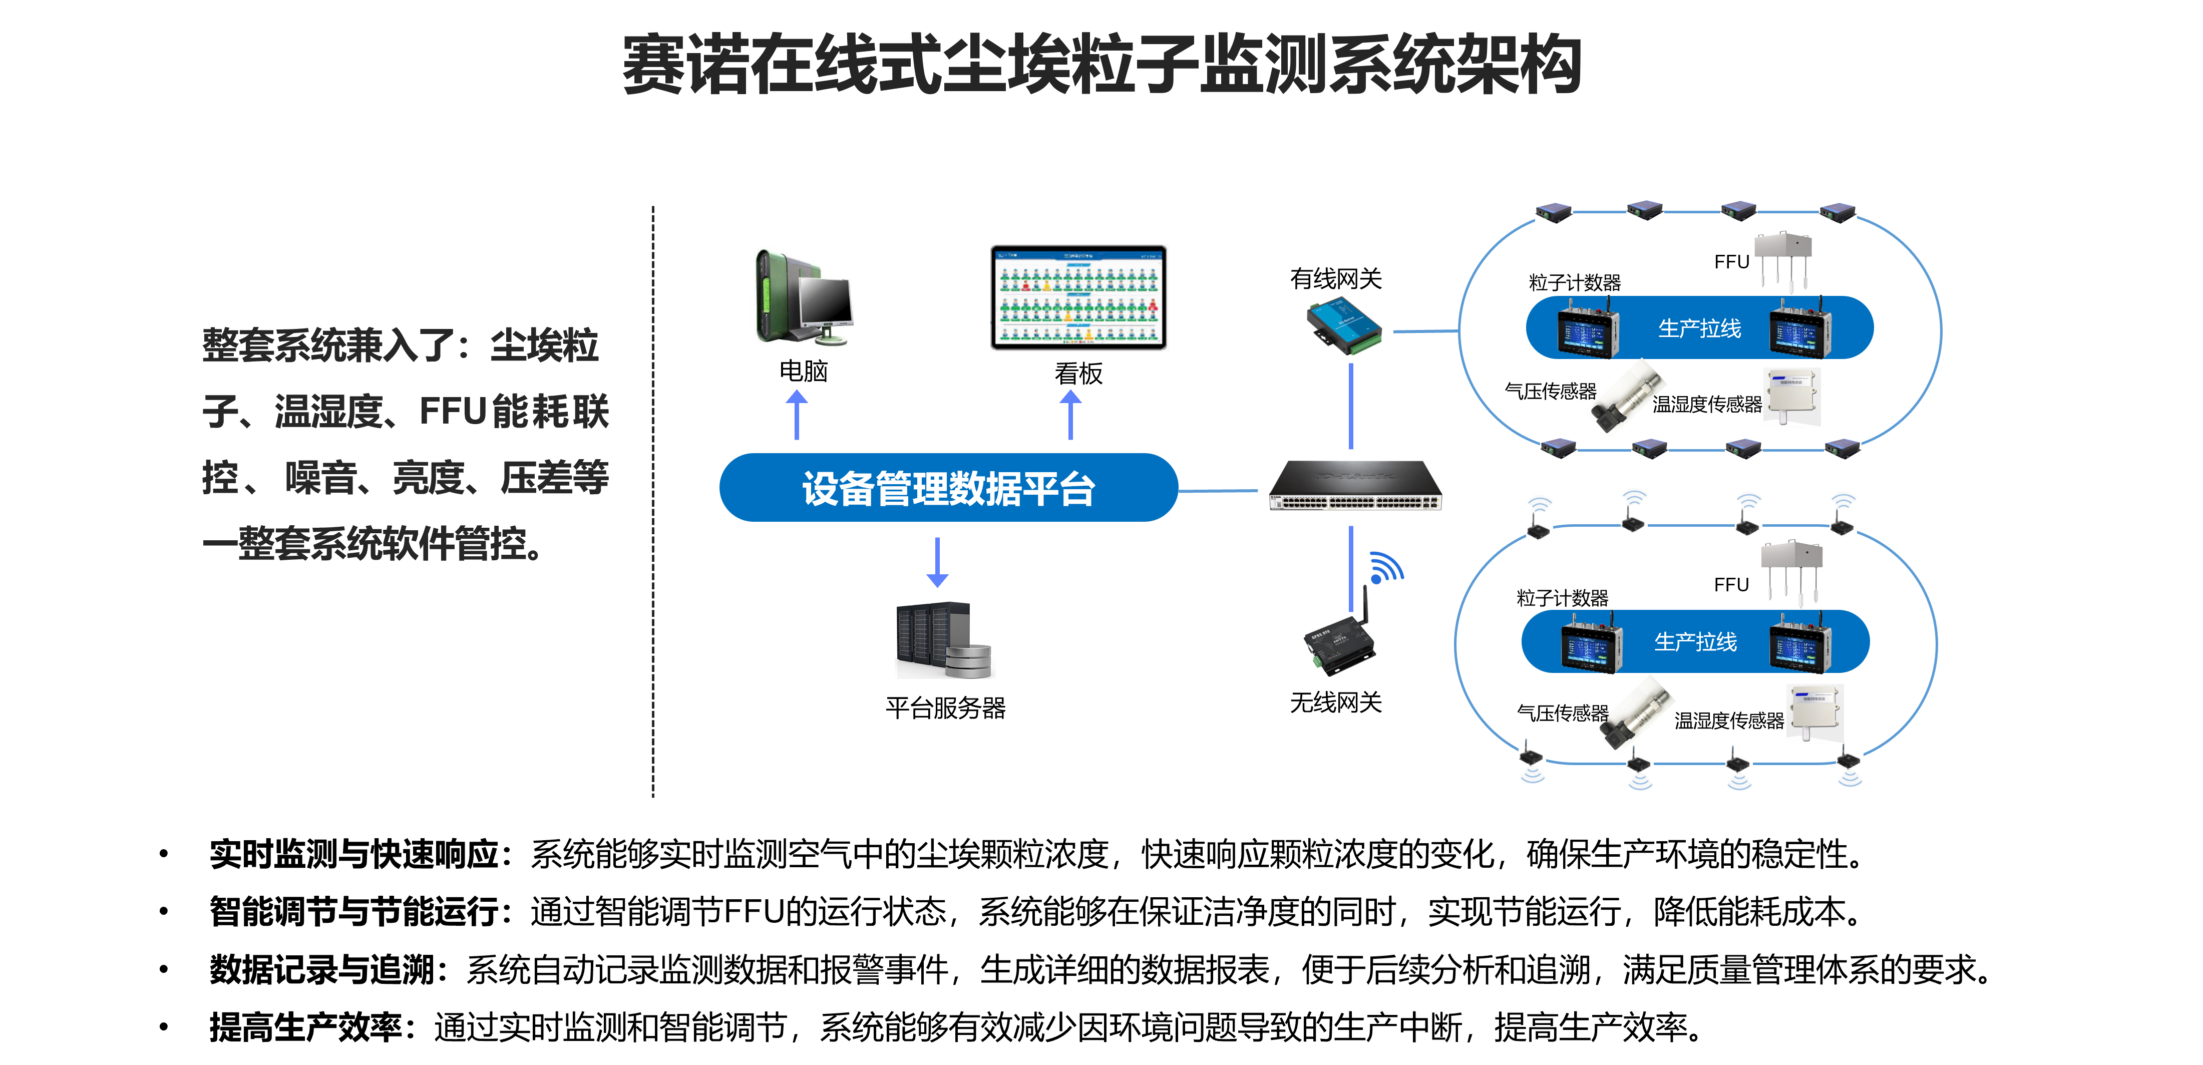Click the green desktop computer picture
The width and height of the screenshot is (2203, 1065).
pyautogui.click(x=804, y=295)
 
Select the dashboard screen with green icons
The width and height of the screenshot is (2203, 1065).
pyautogui.click(x=1079, y=298)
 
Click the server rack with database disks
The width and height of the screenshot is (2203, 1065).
pyautogui.click(x=944, y=640)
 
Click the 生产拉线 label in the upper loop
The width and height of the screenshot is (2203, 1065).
pyautogui.click(x=1699, y=328)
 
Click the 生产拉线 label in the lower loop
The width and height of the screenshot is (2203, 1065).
pyautogui.click(x=1695, y=642)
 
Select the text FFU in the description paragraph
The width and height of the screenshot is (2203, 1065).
pyautogui.click(x=453, y=412)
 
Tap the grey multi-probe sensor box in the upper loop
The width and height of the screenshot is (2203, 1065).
pyautogui.click(x=1783, y=257)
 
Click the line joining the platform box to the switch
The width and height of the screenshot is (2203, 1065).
pyautogui.click(x=1219, y=490)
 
